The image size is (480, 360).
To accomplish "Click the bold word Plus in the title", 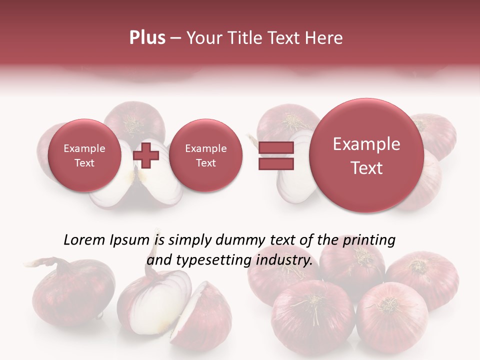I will click(x=147, y=38).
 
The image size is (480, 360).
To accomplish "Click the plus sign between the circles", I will click(x=146, y=156).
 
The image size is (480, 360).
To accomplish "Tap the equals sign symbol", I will click(x=275, y=156).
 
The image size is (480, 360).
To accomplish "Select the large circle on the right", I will click(x=366, y=155).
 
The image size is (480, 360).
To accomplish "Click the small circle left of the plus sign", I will click(x=84, y=155).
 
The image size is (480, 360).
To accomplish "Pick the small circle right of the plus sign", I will click(x=205, y=155).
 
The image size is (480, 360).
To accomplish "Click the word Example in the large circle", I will click(x=366, y=144).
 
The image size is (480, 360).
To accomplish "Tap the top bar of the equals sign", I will click(x=275, y=148).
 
